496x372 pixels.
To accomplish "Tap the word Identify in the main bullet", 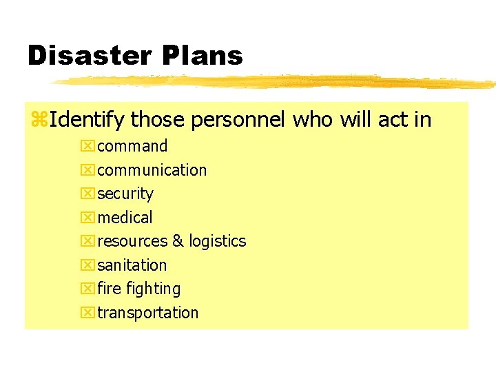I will (87, 121).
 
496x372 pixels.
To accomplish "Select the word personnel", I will (238, 121).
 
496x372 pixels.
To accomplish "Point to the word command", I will (132, 146).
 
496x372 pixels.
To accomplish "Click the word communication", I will (152, 170).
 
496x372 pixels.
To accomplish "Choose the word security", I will (125, 194).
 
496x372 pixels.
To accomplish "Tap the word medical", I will (125, 218).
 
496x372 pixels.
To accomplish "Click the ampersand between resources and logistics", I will (178, 241).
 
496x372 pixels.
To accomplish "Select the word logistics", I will (218, 241).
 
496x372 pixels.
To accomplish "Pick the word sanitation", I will (132, 265).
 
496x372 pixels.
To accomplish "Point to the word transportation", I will (147, 313).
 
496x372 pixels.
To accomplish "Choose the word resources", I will (132, 241).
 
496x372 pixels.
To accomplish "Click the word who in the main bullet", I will (313, 121).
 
